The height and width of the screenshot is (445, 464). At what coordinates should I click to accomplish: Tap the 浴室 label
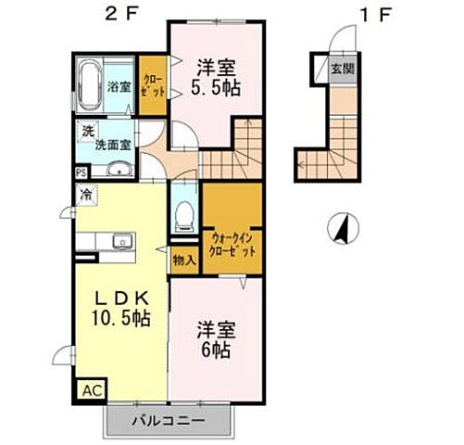[x=119, y=87]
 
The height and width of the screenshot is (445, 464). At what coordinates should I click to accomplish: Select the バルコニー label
[x=170, y=420]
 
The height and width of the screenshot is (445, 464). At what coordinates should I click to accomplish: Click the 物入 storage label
[x=184, y=261]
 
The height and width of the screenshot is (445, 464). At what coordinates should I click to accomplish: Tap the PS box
[x=82, y=172]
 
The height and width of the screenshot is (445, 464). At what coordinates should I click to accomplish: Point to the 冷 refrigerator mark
[x=85, y=195]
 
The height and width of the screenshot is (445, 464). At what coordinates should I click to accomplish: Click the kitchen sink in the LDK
[x=120, y=243]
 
